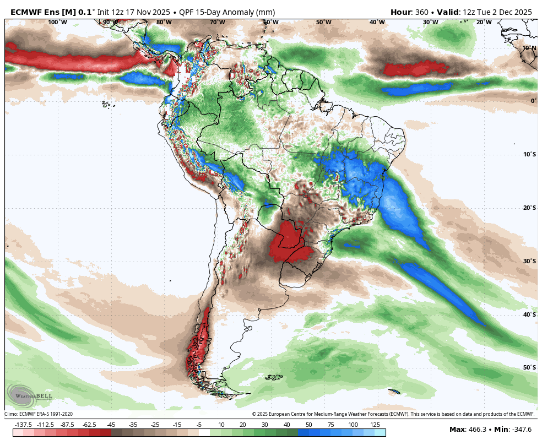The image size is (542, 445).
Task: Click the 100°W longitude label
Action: (57, 23)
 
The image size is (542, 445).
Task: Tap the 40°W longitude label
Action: (377, 23)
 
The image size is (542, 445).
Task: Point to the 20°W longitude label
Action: (484, 23)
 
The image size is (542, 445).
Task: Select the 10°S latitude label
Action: (529, 154)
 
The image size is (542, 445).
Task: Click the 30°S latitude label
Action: (529, 261)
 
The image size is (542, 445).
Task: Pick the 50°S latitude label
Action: (529, 367)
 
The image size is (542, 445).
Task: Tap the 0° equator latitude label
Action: (533, 101)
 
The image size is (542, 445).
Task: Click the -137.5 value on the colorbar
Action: (23, 425)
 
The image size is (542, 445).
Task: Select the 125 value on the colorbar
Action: (375, 425)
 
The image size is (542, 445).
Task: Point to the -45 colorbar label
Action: (111, 425)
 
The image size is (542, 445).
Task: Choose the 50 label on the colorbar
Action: (308, 425)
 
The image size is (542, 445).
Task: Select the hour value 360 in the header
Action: (425, 12)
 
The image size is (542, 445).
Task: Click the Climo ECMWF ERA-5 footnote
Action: (39, 414)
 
